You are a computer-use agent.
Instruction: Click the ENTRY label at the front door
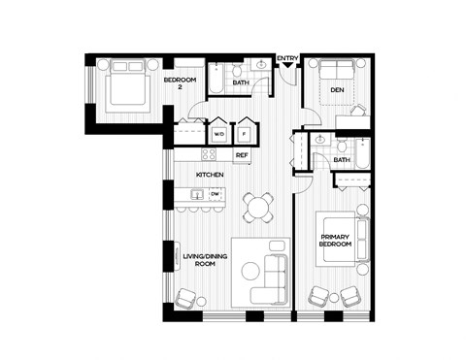click(287, 58)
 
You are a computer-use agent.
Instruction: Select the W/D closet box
click(218, 134)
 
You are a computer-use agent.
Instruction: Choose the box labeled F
click(245, 134)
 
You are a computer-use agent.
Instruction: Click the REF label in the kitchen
click(241, 155)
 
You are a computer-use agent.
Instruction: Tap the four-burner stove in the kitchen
click(209, 154)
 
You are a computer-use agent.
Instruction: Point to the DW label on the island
click(215, 194)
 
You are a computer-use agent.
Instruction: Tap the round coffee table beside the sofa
click(248, 267)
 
